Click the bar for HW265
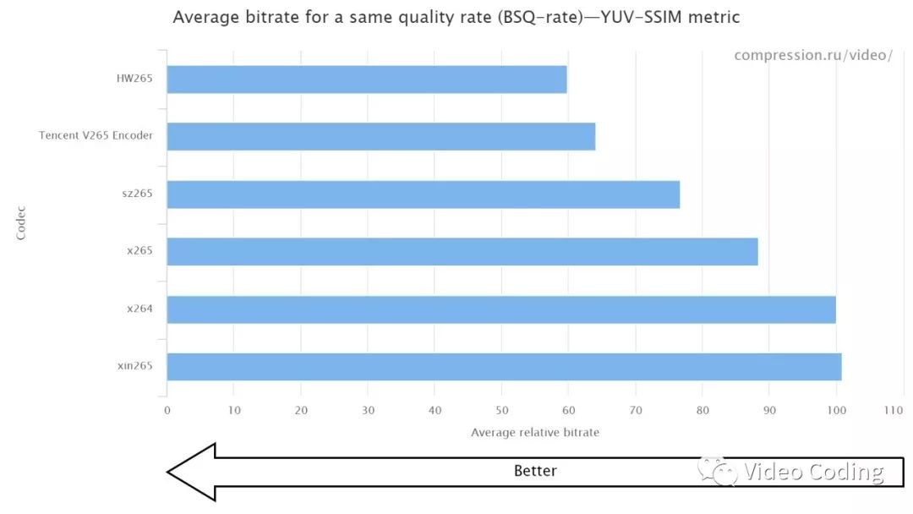(366, 79)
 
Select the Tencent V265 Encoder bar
(380, 136)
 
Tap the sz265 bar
(423, 194)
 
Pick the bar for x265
(462, 251)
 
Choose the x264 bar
(500, 309)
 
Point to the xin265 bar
(504, 366)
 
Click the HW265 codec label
(134, 79)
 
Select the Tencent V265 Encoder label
(96, 136)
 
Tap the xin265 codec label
(135, 366)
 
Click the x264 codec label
(139, 309)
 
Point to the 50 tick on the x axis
(500, 411)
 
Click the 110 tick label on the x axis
(894, 411)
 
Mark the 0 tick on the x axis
(167, 411)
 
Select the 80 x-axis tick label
(702, 411)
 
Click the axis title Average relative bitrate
(534, 433)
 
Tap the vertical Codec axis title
(21, 222)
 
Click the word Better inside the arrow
(535, 471)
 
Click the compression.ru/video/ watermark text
(812, 56)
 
